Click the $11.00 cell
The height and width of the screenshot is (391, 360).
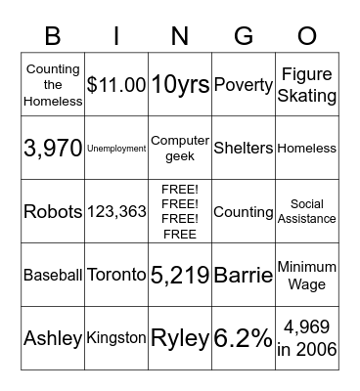pyautogui.click(x=116, y=85)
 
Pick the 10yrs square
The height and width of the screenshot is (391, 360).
pyautogui.click(x=180, y=85)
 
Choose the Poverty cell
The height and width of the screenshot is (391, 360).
pyautogui.click(x=243, y=85)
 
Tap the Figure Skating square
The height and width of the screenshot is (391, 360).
pyautogui.click(x=306, y=85)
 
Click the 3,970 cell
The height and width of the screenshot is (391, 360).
pyautogui.click(x=53, y=149)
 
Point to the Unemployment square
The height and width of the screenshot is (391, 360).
pyautogui.click(x=116, y=149)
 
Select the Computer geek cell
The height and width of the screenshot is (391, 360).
pyautogui.click(x=180, y=149)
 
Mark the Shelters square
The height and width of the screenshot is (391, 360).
pyautogui.click(x=243, y=149)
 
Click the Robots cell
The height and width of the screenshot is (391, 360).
pyautogui.click(x=53, y=212)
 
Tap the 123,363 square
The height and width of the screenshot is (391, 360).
pyautogui.click(x=116, y=212)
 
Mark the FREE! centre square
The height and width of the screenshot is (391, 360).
pyautogui.click(x=180, y=212)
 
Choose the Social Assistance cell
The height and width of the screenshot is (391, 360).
pyautogui.click(x=306, y=212)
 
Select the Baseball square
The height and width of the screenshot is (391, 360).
pyautogui.click(x=53, y=276)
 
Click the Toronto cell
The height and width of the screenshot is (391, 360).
pyautogui.click(x=116, y=276)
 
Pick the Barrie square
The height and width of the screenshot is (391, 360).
pyautogui.click(x=243, y=276)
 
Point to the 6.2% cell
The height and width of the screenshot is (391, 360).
pyautogui.click(x=243, y=339)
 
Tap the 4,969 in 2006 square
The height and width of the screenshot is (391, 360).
pyautogui.click(x=306, y=339)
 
